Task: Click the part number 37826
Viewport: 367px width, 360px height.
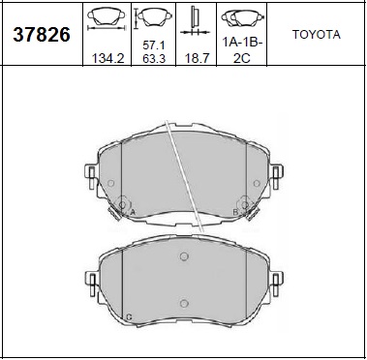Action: click(41, 36)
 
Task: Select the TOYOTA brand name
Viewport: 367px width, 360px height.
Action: click(316, 34)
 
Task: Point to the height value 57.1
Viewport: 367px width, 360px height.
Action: click(155, 45)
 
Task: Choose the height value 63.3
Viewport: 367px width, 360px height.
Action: click(155, 60)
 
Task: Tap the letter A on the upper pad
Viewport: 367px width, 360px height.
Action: click(132, 211)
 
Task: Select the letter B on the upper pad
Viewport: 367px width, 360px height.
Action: click(235, 210)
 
